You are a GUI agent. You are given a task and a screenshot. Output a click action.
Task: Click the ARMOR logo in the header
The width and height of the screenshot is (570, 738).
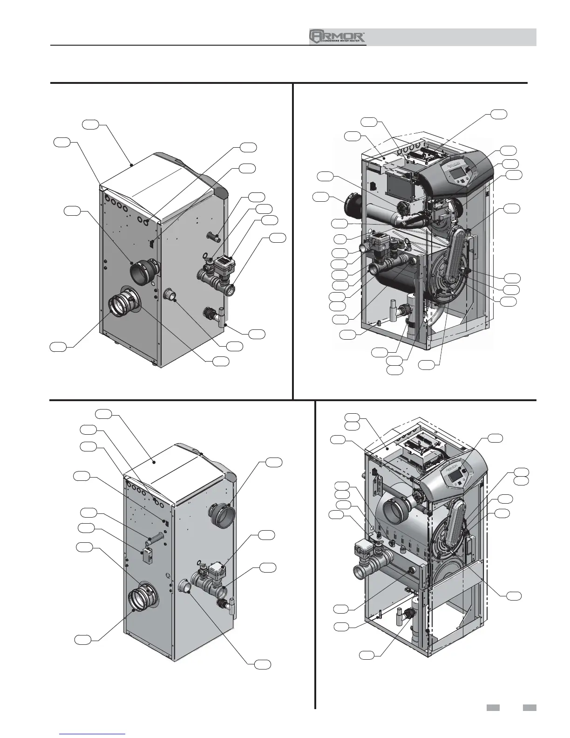[x=338, y=37]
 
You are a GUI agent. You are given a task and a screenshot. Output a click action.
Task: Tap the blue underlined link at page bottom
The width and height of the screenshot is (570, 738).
[x=93, y=733]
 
